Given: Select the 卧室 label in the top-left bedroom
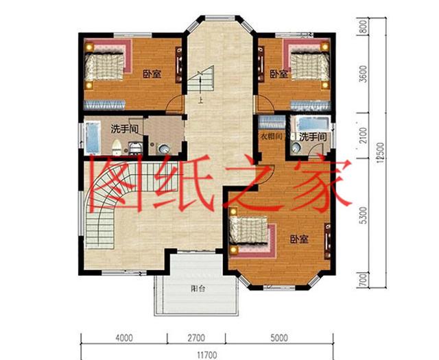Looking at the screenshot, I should coord(152,74).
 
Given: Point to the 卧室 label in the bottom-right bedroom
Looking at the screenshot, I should coord(298,239).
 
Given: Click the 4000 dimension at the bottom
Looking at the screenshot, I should coord(123,337).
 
